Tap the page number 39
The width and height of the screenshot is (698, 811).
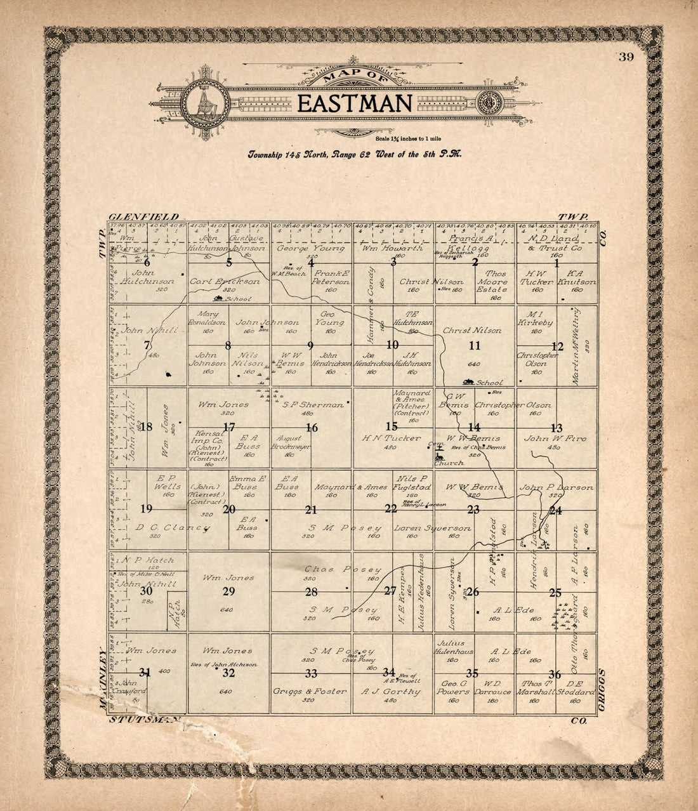pos(627,57)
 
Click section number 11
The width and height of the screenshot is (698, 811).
pos(475,346)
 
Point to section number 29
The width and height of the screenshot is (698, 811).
pos(229,591)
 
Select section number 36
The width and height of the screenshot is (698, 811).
pos(555,675)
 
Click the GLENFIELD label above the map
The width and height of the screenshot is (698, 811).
pos(143,216)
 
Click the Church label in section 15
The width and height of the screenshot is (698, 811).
pos(449,463)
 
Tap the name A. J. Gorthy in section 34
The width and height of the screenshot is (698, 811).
pos(390,691)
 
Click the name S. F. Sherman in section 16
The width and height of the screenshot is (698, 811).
pos(313,404)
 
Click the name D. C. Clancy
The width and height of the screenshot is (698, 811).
pos(172,527)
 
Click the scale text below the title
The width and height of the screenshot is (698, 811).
pos(403,138)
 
